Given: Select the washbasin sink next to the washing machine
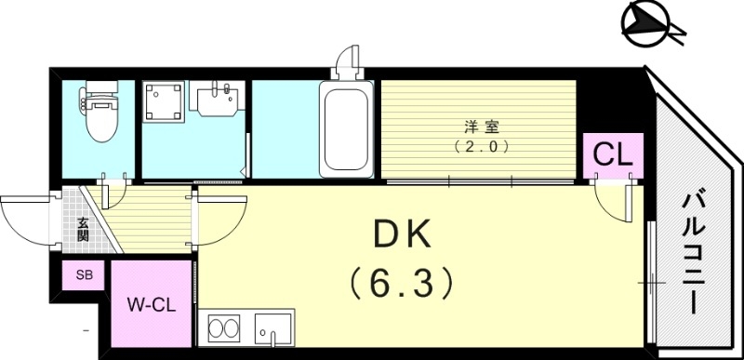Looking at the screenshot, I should [219, 97].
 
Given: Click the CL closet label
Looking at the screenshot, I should [609, 153].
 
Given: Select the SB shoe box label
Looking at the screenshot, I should [84, 275].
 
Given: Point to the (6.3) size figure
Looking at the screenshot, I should [402, 280].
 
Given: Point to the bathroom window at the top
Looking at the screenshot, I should [347, 60].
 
